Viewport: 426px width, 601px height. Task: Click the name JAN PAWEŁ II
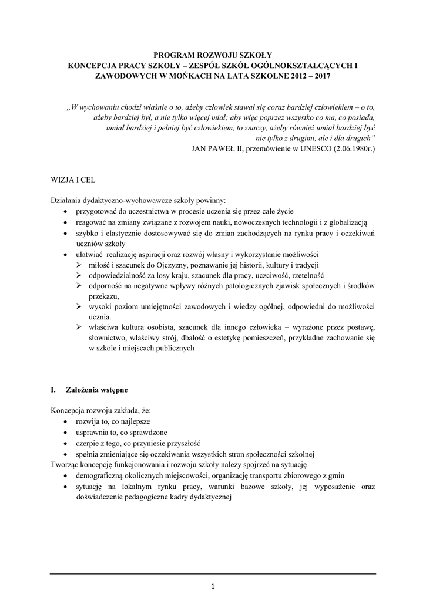(x=218, y=149)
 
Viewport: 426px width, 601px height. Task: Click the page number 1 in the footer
(x=213, y=585)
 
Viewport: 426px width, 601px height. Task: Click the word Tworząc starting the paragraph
(x=67, y=464)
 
